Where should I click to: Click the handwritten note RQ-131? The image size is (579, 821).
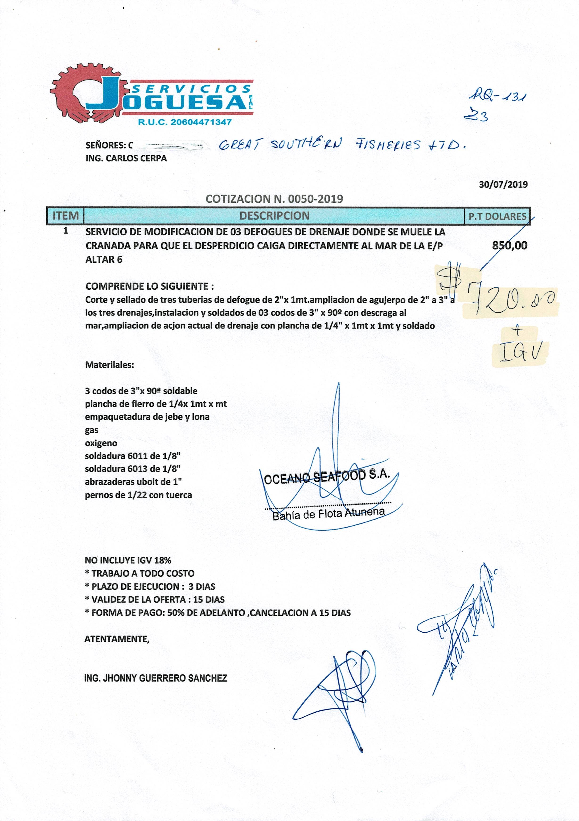[x=498, y=96]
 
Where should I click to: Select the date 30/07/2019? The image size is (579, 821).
[x=503, y=185]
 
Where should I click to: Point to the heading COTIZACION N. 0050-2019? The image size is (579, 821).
[x=274, y=199]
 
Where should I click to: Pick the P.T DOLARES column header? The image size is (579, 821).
[x=497, y=216]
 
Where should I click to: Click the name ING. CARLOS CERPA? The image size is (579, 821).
[x=126, y=158]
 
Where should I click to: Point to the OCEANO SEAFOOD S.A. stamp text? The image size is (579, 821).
[x=326, y=477]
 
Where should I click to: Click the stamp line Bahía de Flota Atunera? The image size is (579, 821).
[x=328, y=514]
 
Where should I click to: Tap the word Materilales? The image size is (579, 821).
[x=109, y=365]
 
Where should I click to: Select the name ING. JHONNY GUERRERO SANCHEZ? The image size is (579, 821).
[x=156, y=678]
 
